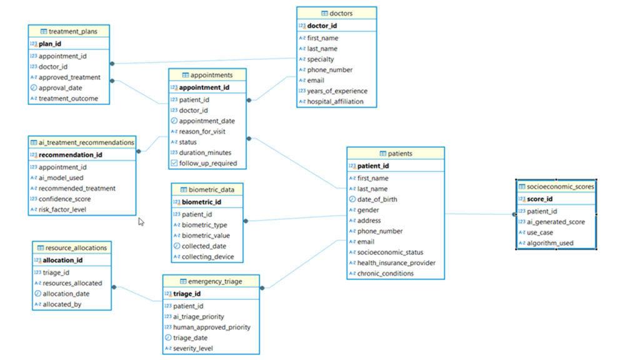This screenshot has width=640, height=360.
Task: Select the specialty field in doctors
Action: click(x=320, y=59)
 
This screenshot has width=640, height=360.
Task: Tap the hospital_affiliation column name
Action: click(x=335, y=102)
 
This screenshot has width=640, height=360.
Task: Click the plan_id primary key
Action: click(x=49, y=44)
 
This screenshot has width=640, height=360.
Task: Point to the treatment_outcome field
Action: click(x=68, y=99)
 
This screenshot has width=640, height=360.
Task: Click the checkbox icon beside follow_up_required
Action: click(x=174, y=163)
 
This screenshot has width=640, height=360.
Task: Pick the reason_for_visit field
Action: click(x=202, y=132)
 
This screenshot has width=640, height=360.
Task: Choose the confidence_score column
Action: click(x=64, y=199)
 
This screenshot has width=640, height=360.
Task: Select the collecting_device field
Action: click(x=209, y=257)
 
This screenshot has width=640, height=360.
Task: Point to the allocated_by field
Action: click(x=62, y=304)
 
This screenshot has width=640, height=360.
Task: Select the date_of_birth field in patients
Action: click(x=377, y=199)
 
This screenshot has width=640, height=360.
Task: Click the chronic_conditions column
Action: click(x=385, y=274)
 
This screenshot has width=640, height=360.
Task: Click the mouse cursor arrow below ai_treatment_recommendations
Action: click(x=141, y=221)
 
